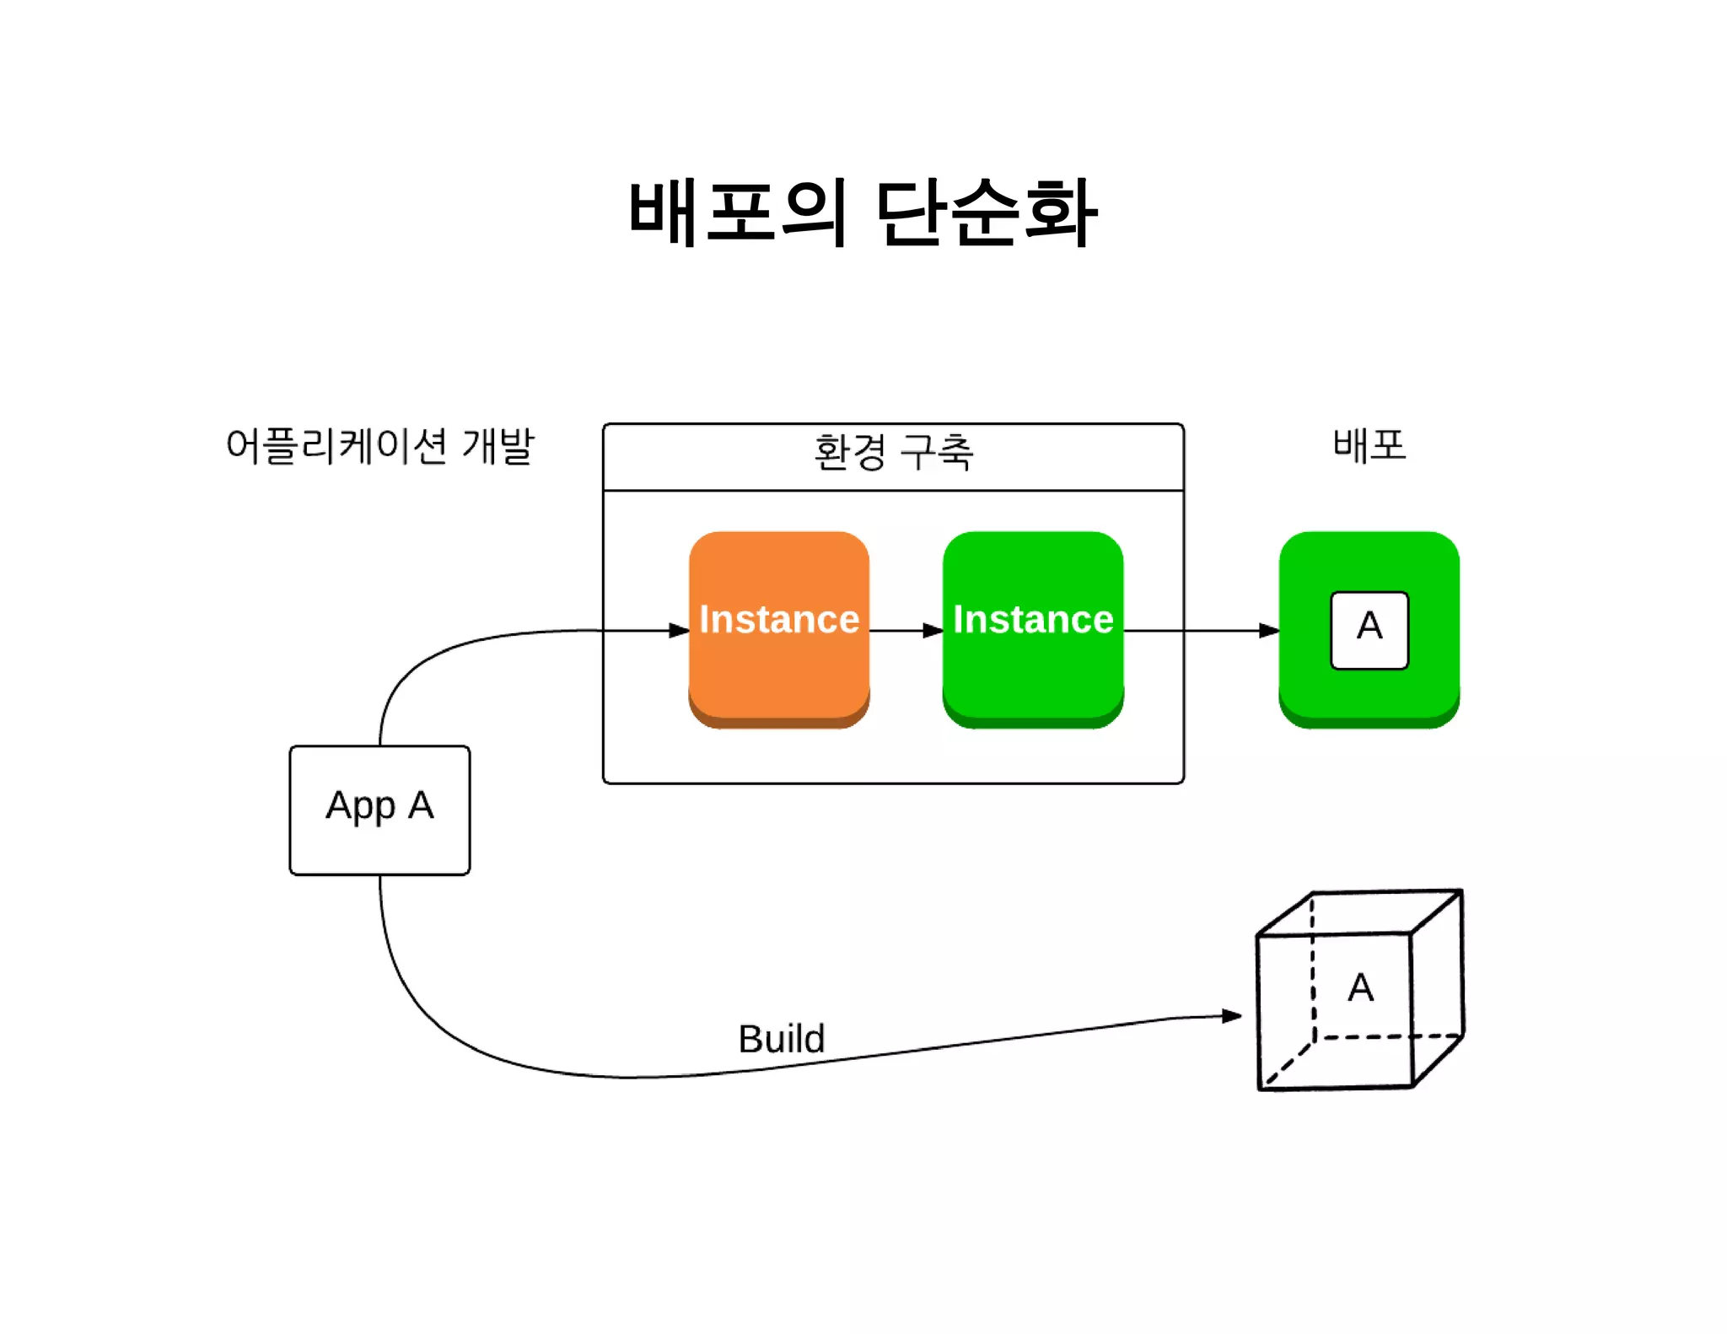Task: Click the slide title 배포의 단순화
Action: pos(862,213)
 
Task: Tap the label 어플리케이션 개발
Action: pos(379,445)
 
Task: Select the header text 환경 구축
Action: pos(893,452)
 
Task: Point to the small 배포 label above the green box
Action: pos(1369,444)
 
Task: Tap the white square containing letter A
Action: pos(1369,630)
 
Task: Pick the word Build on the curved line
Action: pos(781,1038)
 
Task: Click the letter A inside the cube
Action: pos(1360,987)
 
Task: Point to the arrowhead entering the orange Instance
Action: pos(680,630)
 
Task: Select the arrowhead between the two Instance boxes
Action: pos(933,630)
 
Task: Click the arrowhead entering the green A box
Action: pos(1269,630)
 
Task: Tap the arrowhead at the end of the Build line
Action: pos(1232,1016)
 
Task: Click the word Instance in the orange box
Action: pos(778,619)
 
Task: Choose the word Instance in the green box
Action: pos(1032,619)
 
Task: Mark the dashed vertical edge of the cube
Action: pos(1313,970)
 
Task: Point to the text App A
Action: pos(379,805)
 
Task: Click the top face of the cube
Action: pos(1359,912)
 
